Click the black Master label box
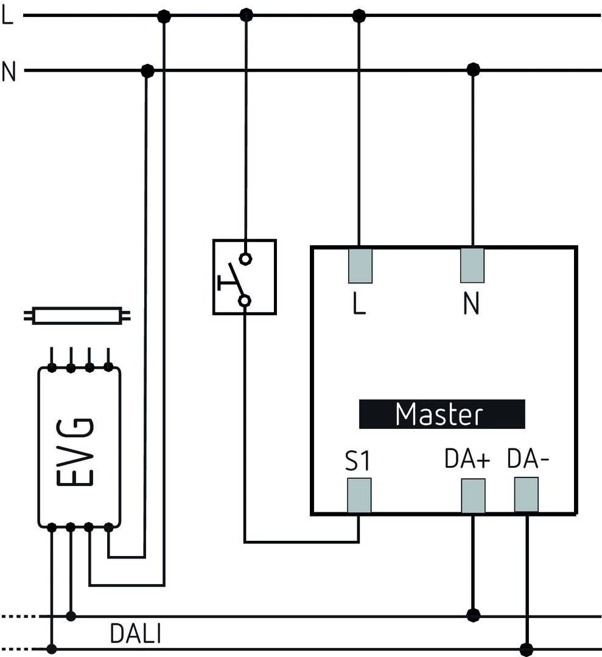point(441,414)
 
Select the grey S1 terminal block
point(359,495)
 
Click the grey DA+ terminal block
point(473,496)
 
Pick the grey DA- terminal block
point(527,495)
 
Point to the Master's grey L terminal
point(360,266)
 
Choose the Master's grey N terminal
point(472,266)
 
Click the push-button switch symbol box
point(244,277)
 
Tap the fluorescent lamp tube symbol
point(76,316)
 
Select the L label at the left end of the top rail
point(7,16)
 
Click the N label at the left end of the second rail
point(9,71)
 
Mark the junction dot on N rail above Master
point(473,70)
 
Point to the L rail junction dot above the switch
point(246,14)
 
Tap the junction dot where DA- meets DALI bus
point(527,648)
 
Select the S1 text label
point(357,462)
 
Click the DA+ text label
point(467,460)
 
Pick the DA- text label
point(528,460)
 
